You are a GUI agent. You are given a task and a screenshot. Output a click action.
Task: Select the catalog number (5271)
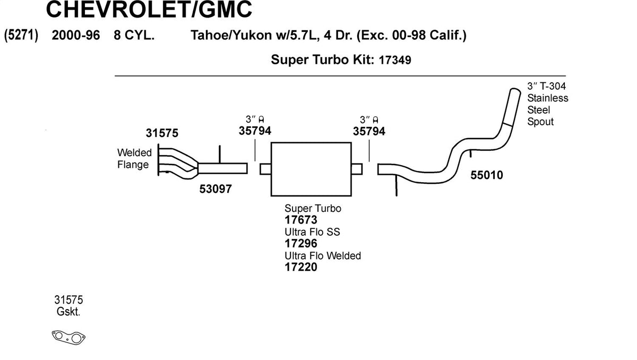click(x=21, y=36)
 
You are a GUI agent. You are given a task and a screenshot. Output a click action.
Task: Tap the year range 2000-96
click(x=75, y=36)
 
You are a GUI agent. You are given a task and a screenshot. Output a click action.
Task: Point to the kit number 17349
click(x=394, y=61)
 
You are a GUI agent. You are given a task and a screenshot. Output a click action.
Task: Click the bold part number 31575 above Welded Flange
click(x=162, y=133)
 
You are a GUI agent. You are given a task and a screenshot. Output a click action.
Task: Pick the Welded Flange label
click(x=134, y=159)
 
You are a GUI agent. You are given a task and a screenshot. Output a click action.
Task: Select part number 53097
click(x=215, y=188)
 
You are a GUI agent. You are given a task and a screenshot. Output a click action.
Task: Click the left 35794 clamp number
click(x=255, y=131)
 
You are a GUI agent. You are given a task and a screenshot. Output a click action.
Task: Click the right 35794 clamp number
click(x=369, y=131)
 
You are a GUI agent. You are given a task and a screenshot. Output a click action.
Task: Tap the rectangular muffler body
click(x=311, y=168)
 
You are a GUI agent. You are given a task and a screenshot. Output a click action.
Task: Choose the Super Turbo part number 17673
click(x=301, y=220)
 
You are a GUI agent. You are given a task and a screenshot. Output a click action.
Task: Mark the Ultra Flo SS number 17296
click(x=301, y=244)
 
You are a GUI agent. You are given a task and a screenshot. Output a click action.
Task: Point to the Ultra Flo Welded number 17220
click(x=301, y=267)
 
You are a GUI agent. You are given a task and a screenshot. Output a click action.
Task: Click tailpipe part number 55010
click(x=487, y=175)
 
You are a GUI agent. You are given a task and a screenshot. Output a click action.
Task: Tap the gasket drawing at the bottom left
click(x=69, y=337)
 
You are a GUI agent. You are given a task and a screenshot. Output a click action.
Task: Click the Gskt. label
click(x=68, y=312)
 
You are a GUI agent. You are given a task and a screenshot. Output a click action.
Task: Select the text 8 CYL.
click(x=134, y=36)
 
